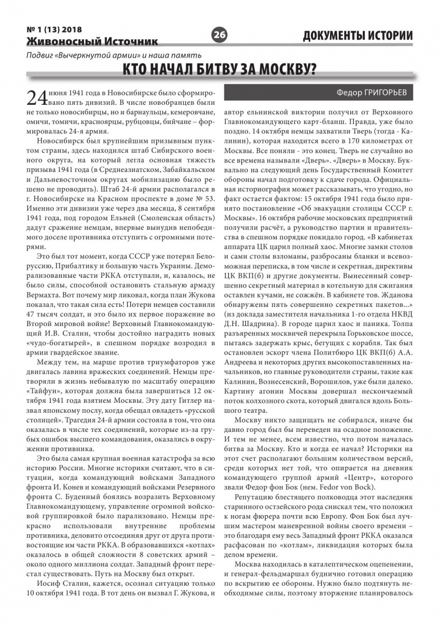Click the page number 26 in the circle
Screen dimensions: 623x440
click(x=219, y=35)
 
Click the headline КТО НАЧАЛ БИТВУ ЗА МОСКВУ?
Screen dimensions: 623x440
click(x=220, y=70)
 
